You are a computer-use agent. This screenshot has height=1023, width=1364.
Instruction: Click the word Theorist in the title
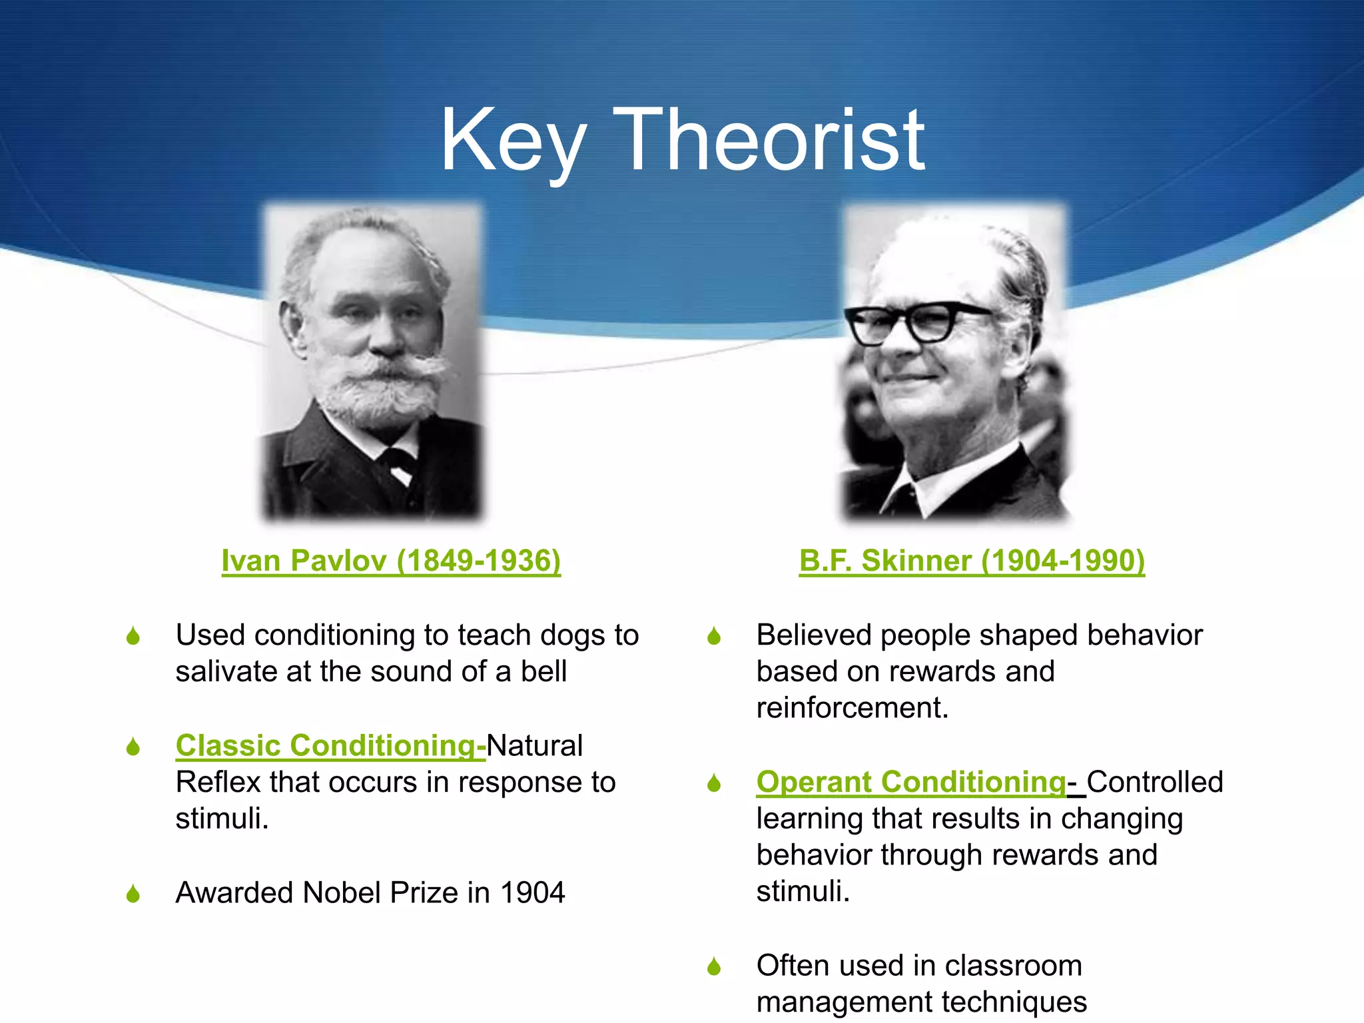tap(769, 141)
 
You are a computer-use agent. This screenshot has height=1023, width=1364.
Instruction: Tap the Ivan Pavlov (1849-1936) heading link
tap(391, 561)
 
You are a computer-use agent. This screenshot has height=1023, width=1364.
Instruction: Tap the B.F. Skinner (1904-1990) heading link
tap(972, 561)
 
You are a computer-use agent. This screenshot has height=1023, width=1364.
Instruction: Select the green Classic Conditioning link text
tap(330, 745)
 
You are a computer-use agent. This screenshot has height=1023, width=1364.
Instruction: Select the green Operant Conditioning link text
tap(911, 782)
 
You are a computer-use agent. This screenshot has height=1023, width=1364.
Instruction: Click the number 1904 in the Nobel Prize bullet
tap(532, 892)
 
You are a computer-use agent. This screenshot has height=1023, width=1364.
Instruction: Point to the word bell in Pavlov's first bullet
tap(543, 671)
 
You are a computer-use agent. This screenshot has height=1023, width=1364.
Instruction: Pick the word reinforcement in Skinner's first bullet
tap(851, 708)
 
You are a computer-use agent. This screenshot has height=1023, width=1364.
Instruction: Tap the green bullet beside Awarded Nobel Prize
tap(133, 894)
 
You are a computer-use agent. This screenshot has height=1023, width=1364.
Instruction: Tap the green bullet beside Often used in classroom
tap(714, 966)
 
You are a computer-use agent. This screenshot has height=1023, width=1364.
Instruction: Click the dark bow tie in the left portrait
tap(398, 460)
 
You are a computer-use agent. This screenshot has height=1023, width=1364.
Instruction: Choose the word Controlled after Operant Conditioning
tap(1155, 782)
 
